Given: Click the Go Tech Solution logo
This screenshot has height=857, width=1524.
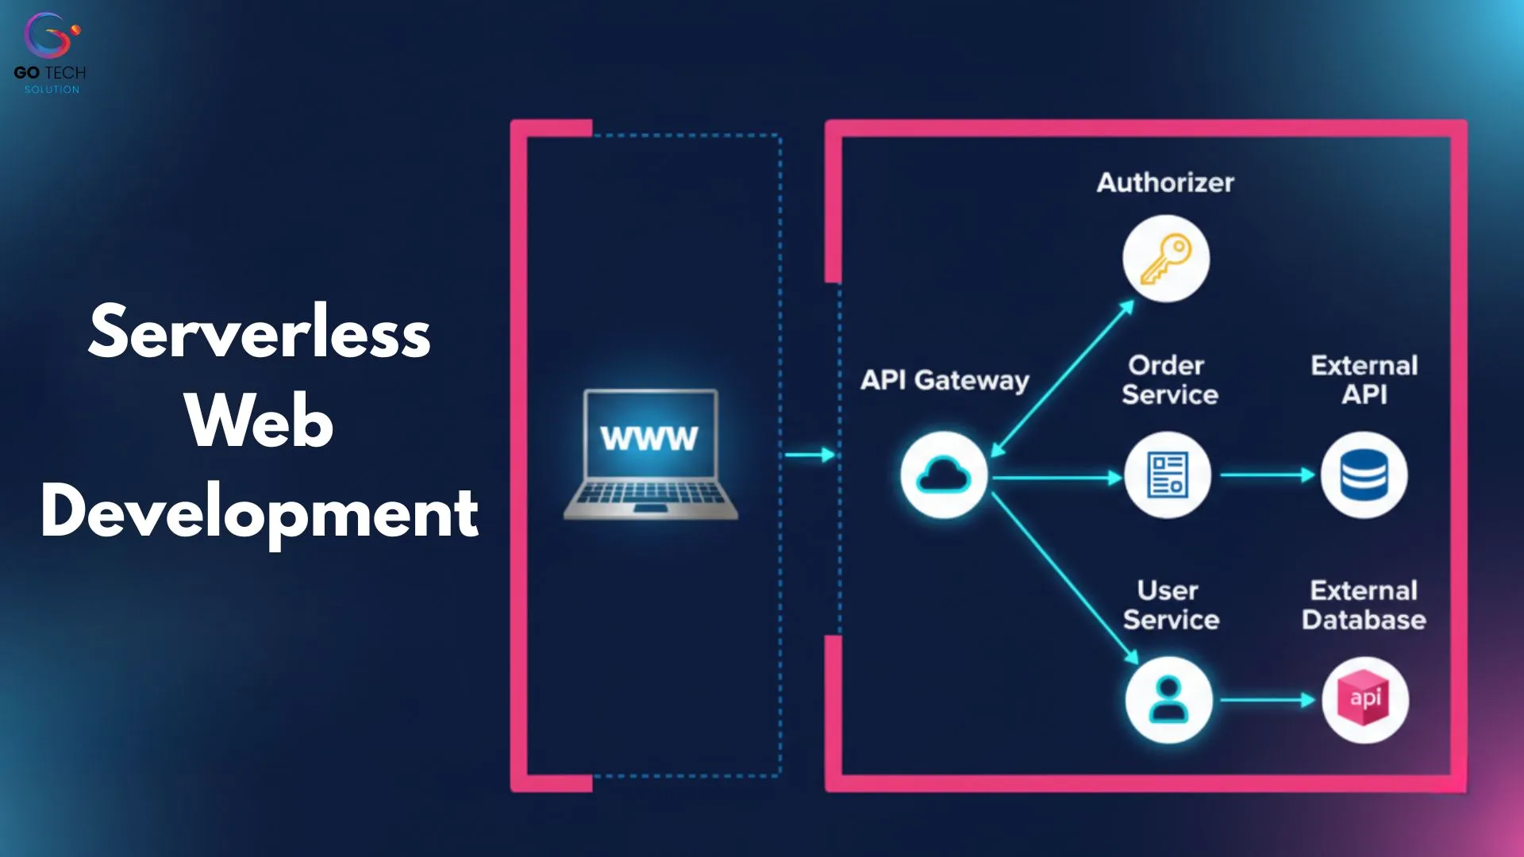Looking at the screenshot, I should pos(50,52).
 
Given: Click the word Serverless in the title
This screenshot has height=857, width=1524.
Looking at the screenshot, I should pos(260,332).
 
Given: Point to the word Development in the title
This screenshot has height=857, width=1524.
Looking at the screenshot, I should pos(260,512).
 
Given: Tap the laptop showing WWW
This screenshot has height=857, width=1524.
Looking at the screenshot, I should pos(651,454).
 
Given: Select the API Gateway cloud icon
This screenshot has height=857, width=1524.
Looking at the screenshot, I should pos(944,475).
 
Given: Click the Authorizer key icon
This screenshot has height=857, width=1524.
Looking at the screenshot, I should pos(1165,259).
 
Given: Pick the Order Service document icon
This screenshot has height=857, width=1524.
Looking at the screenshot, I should pos(1168,475).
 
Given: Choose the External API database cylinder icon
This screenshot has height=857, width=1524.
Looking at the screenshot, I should pos(1364,475).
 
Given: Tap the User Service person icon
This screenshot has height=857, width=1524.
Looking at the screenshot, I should pos(1168,699).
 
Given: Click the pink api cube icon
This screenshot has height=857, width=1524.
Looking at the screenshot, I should pos(1365,699).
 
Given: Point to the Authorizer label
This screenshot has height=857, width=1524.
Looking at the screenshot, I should pos(1165,183).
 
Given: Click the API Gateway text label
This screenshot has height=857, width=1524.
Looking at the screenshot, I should pos(945,380).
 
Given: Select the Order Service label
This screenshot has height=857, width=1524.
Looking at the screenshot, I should pos(1169,380).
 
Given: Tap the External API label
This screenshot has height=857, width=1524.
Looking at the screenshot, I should pos(1364,380).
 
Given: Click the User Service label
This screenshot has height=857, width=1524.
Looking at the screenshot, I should pos(1170,605).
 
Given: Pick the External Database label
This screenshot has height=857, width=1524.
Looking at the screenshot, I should pos(1364,605).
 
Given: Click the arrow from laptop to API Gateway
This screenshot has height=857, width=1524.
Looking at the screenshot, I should pos(810,455).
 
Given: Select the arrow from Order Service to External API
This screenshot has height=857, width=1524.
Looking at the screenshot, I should pos(1267,475).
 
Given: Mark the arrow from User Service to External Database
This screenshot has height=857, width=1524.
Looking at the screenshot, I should pos(1267,700).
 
